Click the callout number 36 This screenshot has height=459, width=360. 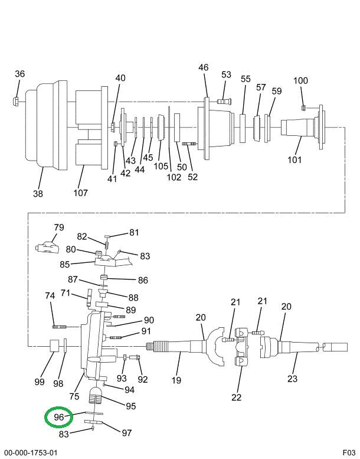click(20, 74)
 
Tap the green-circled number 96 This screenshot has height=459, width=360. click(58, 417)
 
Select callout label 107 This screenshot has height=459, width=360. click(80, 193)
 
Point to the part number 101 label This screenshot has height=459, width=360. click(294, 159)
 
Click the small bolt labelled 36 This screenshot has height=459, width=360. click(17, 101)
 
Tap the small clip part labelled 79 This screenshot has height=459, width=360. click(47, 246)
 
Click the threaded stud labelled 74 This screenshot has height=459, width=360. click(61, 326)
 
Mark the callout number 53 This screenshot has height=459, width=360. click(227, 74)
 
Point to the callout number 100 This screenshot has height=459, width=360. click(301, 80)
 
